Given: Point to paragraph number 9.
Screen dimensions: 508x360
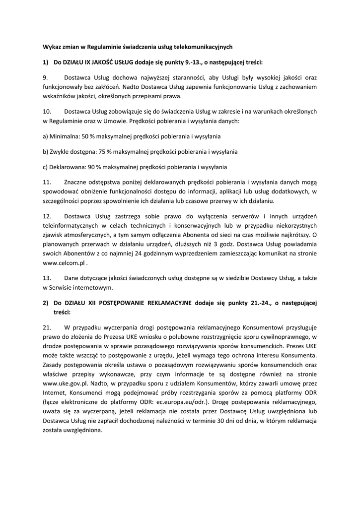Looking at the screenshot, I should [45, 78].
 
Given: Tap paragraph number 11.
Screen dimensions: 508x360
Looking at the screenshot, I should [47, 182].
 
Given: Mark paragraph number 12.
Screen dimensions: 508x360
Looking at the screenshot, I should [47, 216].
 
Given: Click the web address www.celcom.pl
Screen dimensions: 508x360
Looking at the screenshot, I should [64, 264].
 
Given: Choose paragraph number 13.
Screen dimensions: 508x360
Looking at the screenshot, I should [47, 278].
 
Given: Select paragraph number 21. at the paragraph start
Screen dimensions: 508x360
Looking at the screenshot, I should [47, 328].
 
